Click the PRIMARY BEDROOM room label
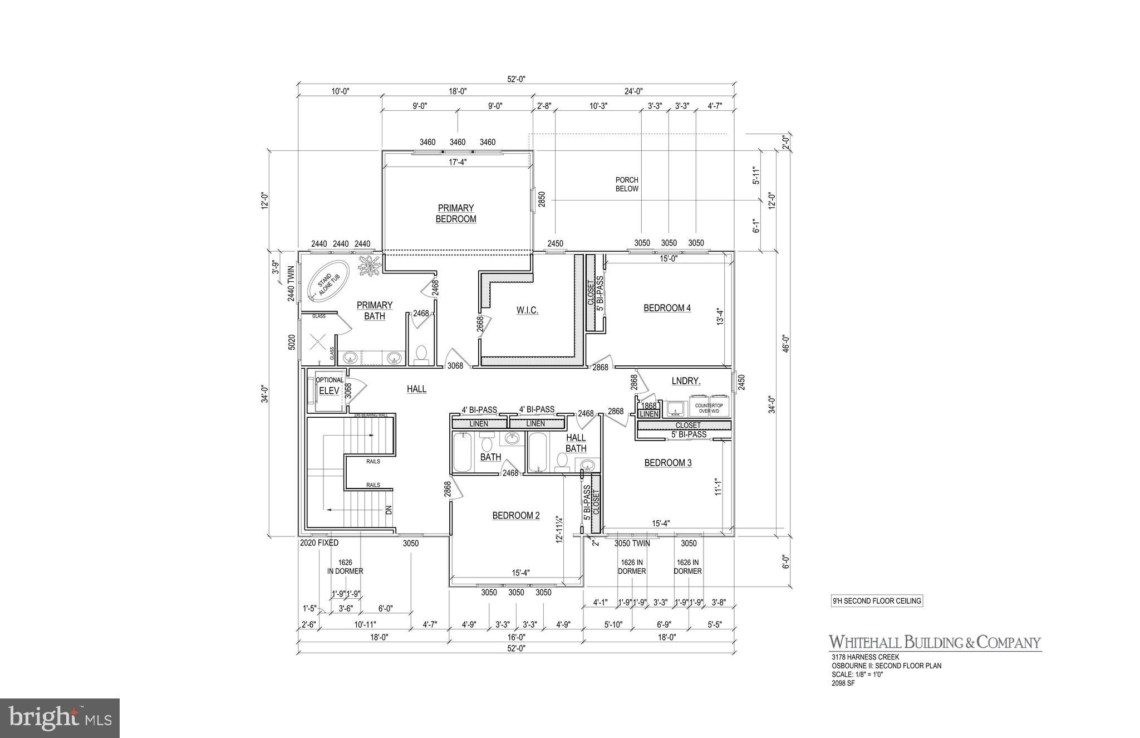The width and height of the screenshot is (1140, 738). [456, 214]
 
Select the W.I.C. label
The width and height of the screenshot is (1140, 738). [527, 310]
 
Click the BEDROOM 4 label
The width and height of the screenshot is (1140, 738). [667, 308]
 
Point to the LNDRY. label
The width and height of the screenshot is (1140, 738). [685, 381]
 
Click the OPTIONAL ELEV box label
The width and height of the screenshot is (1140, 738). [330, 386]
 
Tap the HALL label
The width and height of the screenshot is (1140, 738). [416, 389]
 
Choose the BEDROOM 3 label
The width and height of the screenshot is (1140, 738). [667, 463]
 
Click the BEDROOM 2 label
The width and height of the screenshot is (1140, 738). [515, 516]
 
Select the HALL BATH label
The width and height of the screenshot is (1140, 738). [576, 443]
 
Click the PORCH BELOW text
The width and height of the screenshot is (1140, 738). [627, 184]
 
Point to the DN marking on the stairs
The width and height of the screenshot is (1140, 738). [389, 510]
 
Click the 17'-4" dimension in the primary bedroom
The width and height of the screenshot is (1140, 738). [457, 163]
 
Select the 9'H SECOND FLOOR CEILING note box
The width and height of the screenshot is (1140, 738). [876, 601]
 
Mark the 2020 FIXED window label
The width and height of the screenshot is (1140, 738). [319, 543]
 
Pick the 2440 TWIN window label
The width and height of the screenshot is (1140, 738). [291, 284]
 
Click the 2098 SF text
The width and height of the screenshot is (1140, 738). [843, 683]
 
